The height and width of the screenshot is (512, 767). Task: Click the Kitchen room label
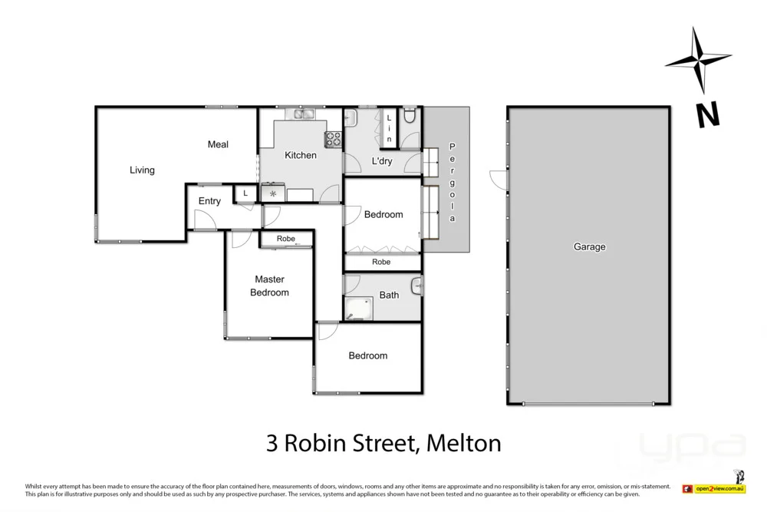(x=301, y=155)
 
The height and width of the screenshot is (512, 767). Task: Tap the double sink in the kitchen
(x=299, y=115)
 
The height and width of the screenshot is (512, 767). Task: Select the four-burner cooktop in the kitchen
(x=334, y=139)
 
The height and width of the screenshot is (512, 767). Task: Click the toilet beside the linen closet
(x=410, y=115)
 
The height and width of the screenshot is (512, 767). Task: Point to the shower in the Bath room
(x=356, y=307)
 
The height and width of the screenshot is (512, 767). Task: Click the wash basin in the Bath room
(x=416, y=286)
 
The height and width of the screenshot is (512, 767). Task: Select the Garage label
(x=589, y=247)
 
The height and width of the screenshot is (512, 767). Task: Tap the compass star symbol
(x=698, y=60)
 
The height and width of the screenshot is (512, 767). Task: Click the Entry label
(x=209, y=201)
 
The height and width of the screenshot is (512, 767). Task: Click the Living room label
(x=142, y=170)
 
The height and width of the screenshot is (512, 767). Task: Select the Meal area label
(x=218, y=144)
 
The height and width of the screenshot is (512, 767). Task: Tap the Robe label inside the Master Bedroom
(x=285, y=239)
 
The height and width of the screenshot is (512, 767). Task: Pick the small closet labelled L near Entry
(x=245, y=193)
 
